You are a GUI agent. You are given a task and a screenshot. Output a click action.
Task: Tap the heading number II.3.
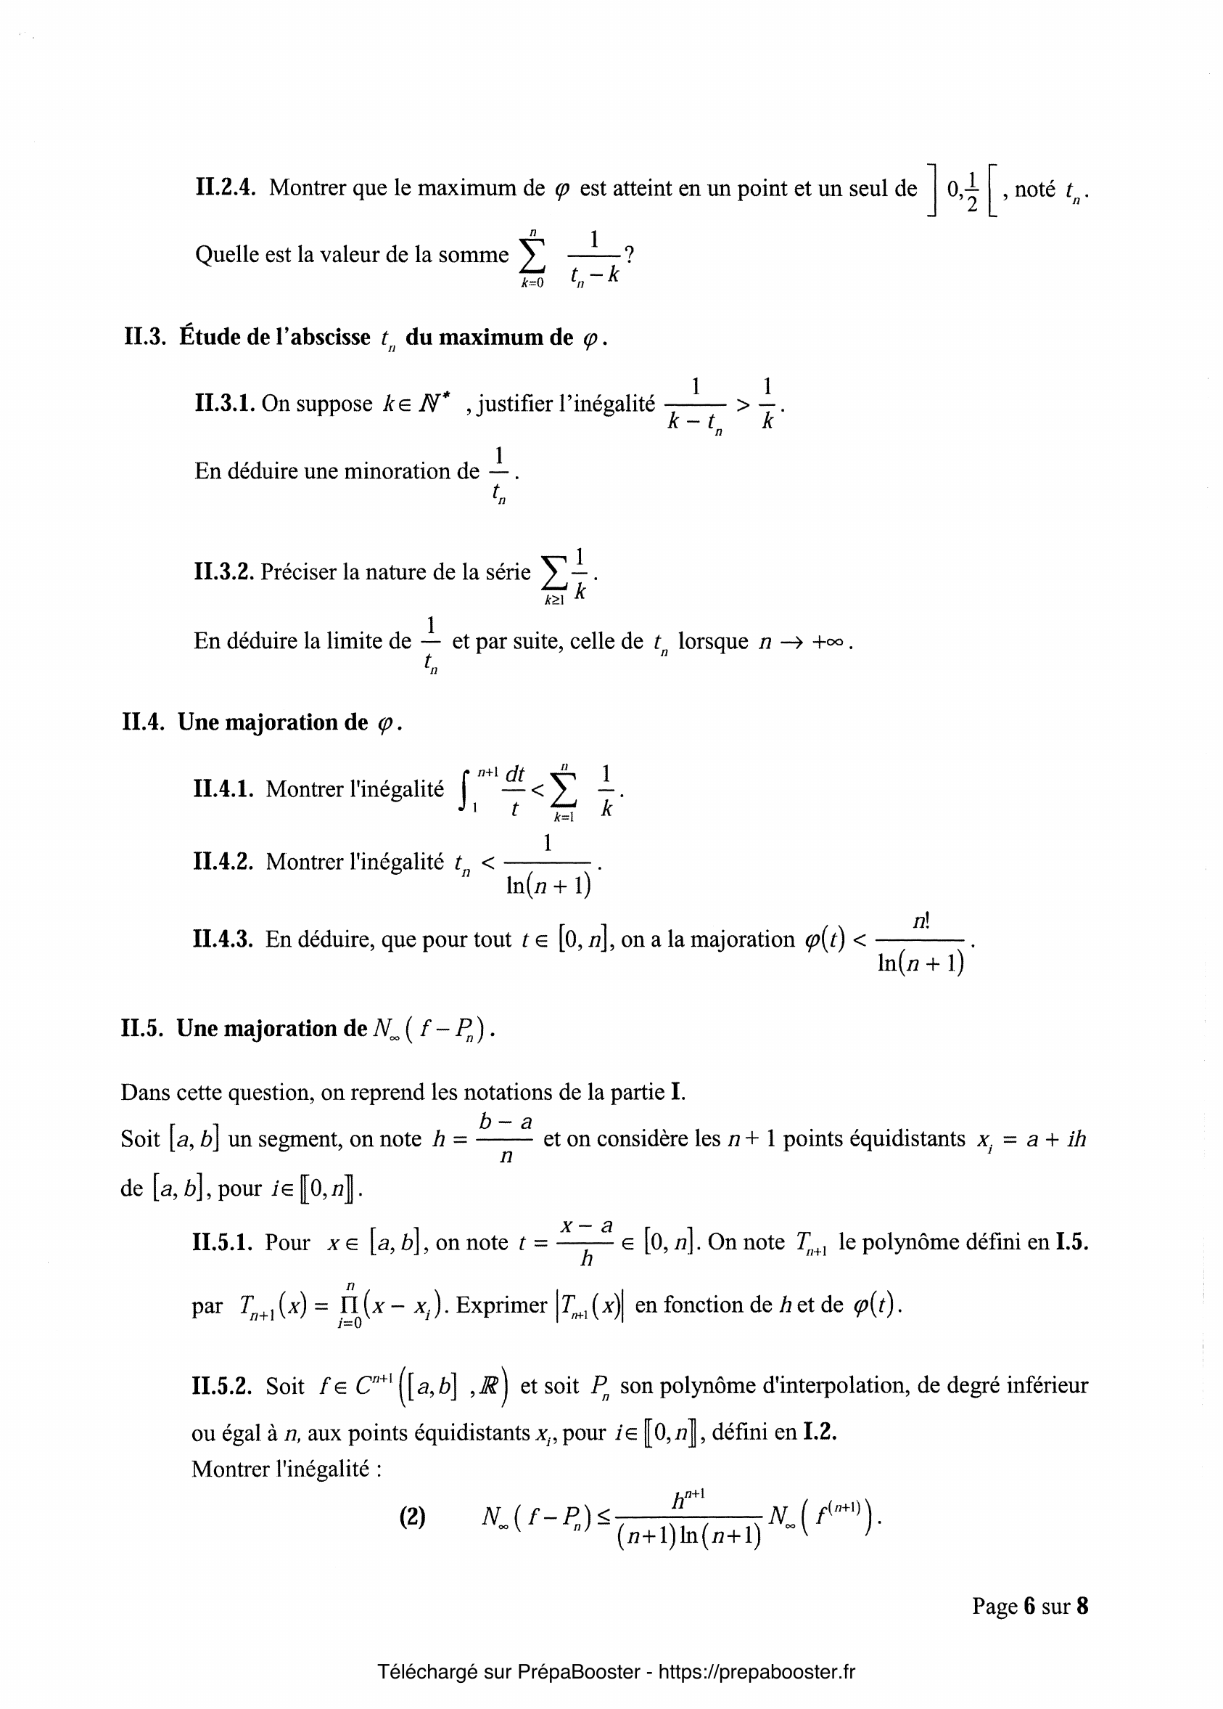click(144, 337)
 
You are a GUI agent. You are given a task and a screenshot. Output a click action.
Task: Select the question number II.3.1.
click(224, 404)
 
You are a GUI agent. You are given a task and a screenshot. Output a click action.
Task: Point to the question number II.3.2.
click(223, 572)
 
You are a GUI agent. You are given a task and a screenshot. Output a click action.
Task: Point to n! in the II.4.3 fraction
click(921, 921)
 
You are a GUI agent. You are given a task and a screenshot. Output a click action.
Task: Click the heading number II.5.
click(142, 1028)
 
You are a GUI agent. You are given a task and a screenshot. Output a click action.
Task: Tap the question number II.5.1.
click(222, 1241)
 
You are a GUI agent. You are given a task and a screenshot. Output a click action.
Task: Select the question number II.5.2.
click(222, 1385)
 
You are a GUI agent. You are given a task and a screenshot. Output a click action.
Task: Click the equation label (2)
click(412, 1516)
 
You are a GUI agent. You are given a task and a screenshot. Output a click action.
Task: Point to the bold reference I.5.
click(1072, 1241)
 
